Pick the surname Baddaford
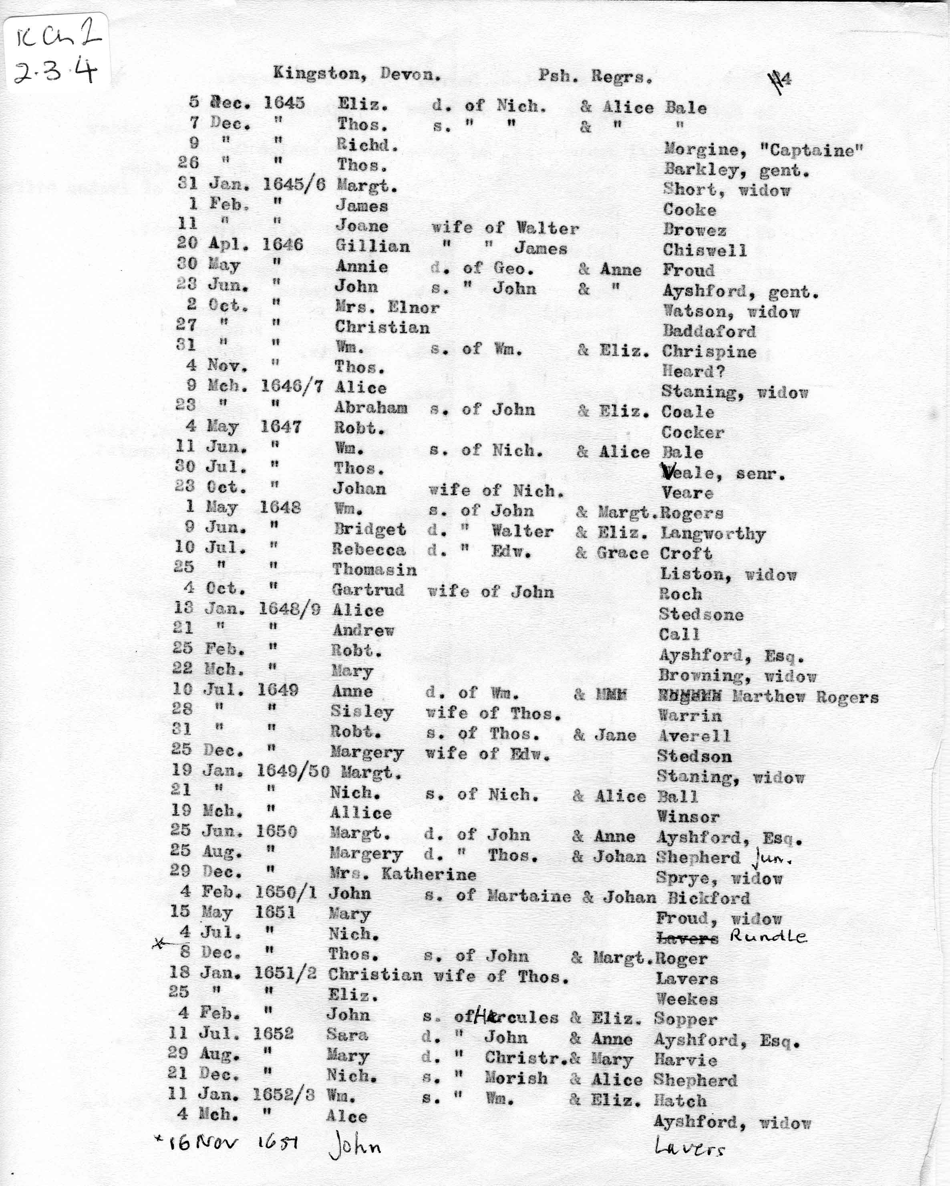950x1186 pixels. [709, 331]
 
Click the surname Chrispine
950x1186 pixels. [709, 351]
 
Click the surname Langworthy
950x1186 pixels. [712, 534]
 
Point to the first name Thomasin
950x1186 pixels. [374, 569]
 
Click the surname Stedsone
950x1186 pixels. [700, 614]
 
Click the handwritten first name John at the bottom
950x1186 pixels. [354, 1146]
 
